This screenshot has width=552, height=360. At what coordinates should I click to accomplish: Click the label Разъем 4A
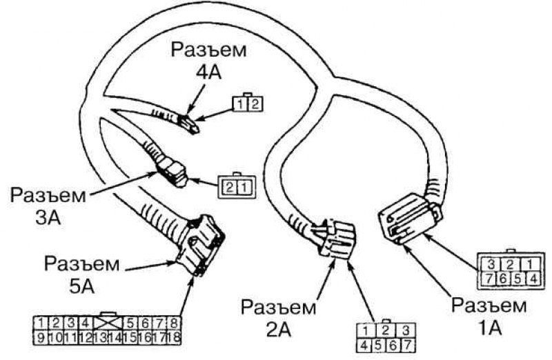point(208,61)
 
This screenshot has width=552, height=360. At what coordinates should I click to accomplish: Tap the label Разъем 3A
point(48,207)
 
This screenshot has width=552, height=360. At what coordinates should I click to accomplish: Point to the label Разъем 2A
point(279,319)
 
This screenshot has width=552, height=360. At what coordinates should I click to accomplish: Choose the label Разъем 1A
point(489,317)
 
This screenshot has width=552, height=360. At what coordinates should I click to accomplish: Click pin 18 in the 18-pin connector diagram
point(174,337)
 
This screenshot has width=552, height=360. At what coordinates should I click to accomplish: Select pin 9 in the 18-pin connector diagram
point(41,337)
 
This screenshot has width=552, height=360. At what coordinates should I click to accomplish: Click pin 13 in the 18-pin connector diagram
point(101,337)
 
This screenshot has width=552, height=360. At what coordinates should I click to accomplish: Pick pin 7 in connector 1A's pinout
point(489,279)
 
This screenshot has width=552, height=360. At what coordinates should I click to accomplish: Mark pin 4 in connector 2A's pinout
point(364,346)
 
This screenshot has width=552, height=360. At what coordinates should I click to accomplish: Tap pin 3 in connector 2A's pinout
point(406,331)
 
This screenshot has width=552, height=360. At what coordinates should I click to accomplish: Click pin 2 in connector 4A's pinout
point(255,104)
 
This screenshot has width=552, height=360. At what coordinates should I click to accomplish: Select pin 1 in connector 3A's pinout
point(244,188)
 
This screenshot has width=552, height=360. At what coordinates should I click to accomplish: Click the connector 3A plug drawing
point(172,172)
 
